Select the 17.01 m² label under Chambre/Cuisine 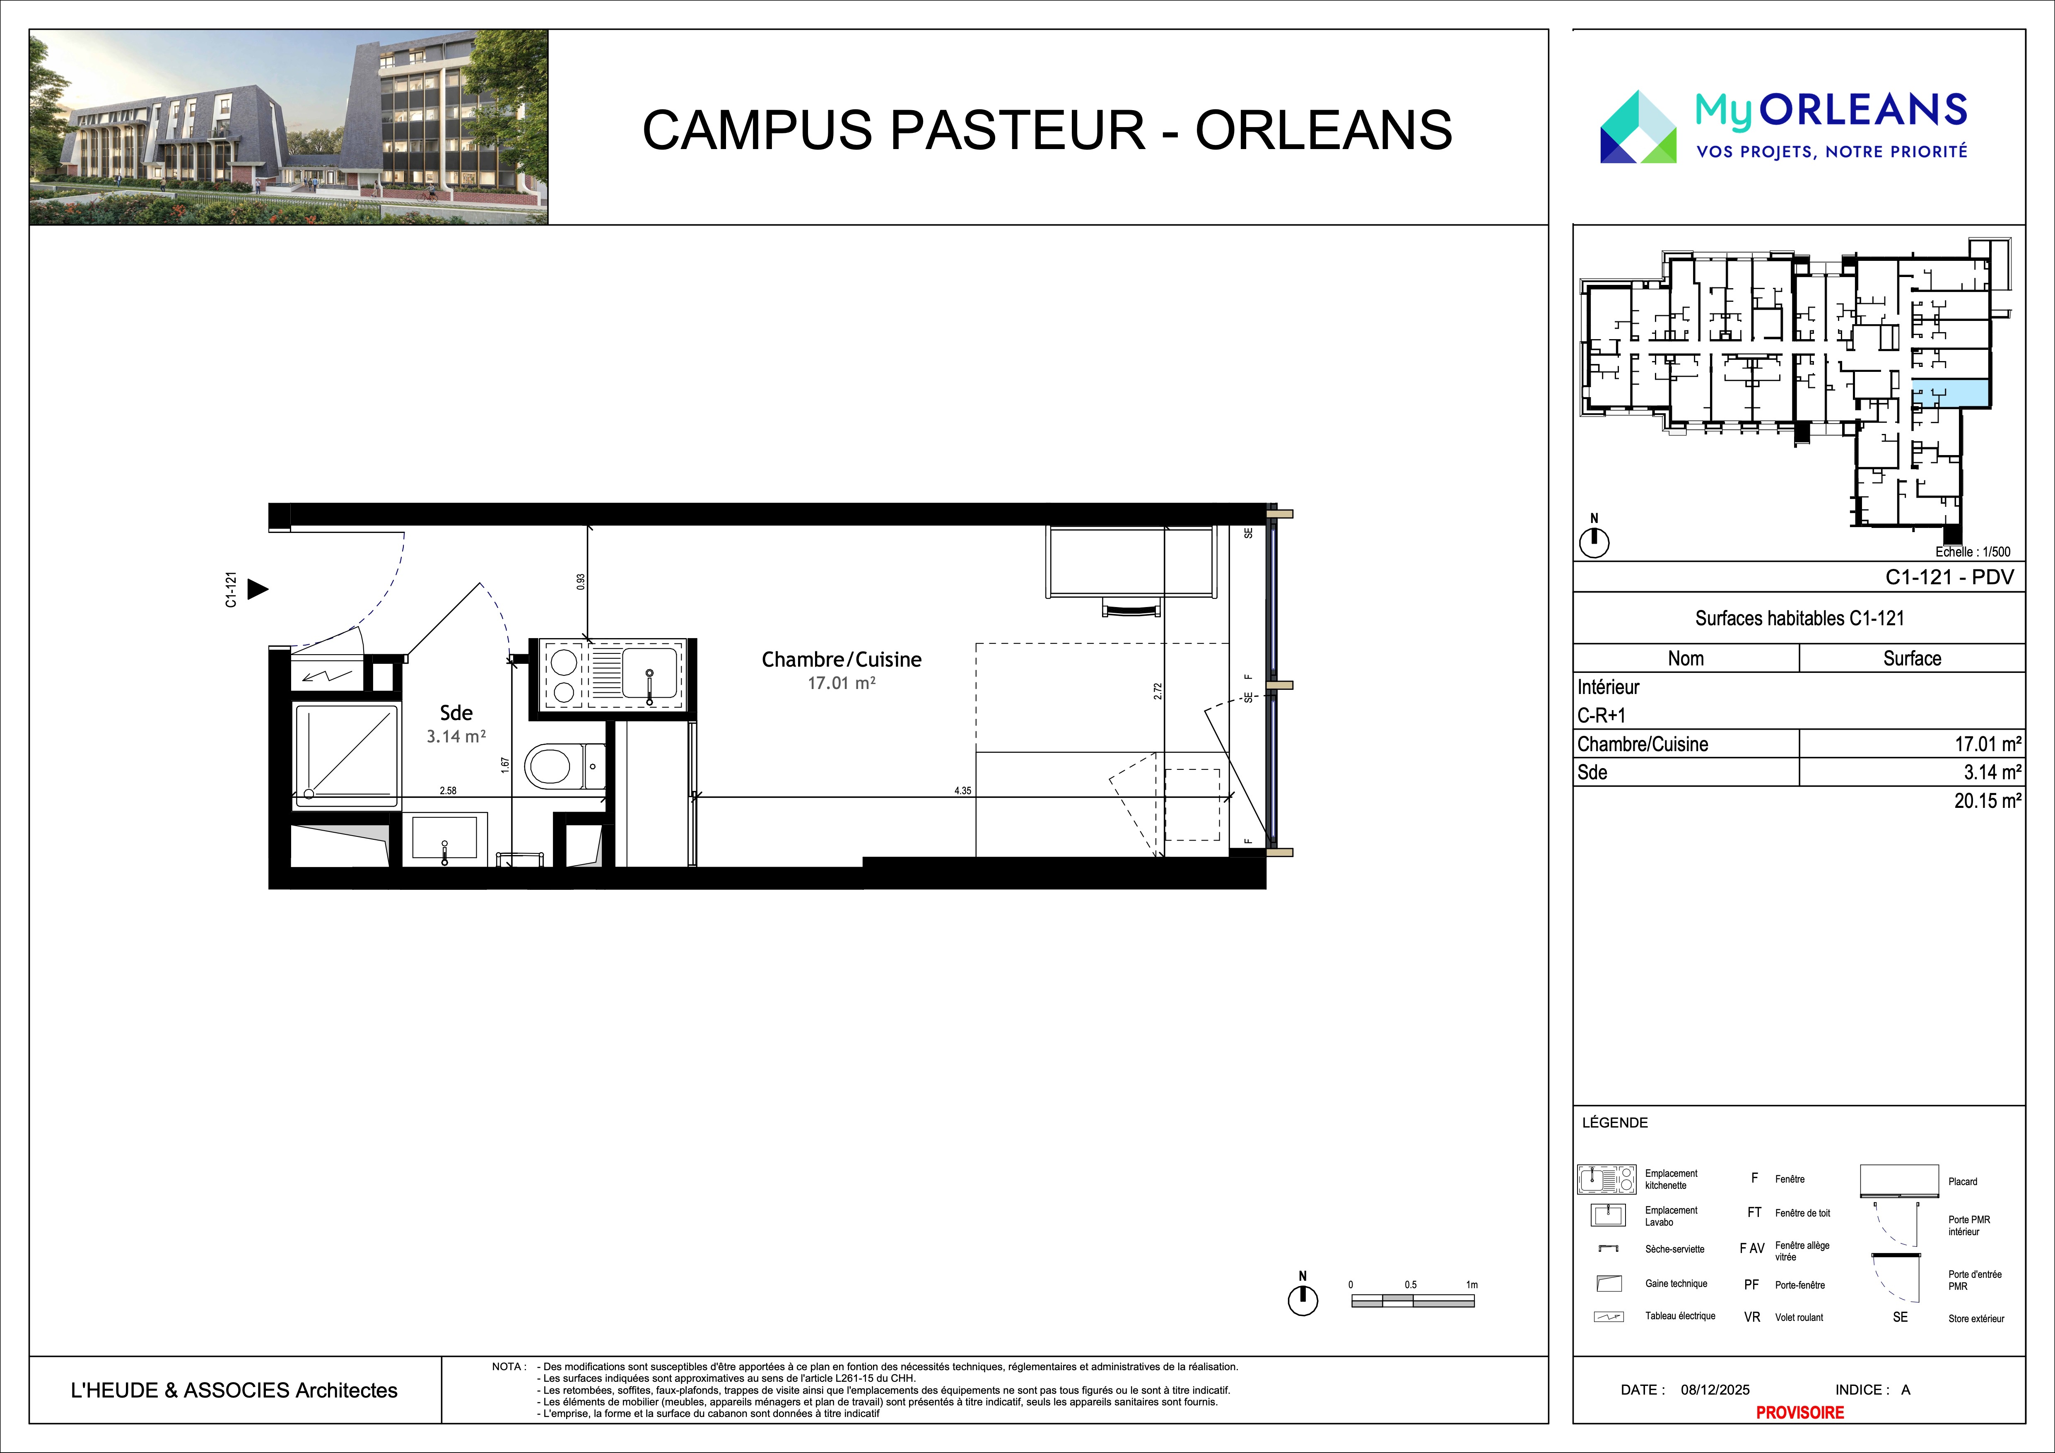841,683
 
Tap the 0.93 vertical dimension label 581,581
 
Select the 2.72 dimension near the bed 1157,691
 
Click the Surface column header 1912,658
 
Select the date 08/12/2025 1715,1390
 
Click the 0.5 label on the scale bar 1411,1285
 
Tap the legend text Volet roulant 1799,1317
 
